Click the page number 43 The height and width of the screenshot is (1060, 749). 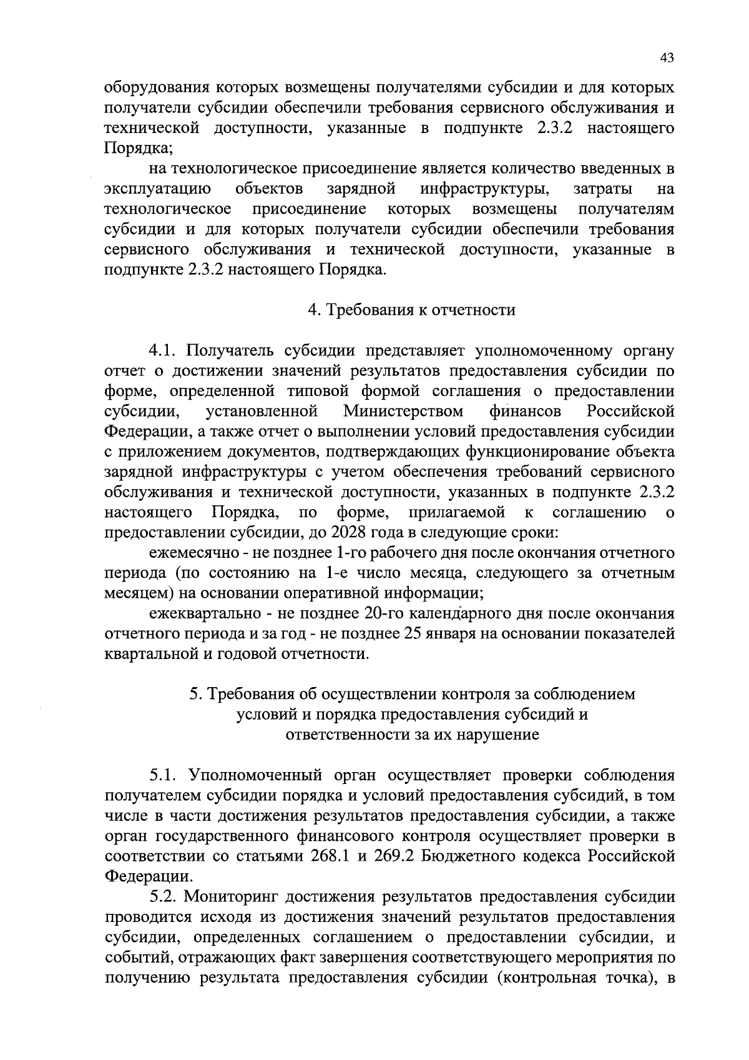point(667,58)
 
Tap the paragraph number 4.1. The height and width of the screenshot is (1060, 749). point(163,350)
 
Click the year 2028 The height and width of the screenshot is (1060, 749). point(350,533)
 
